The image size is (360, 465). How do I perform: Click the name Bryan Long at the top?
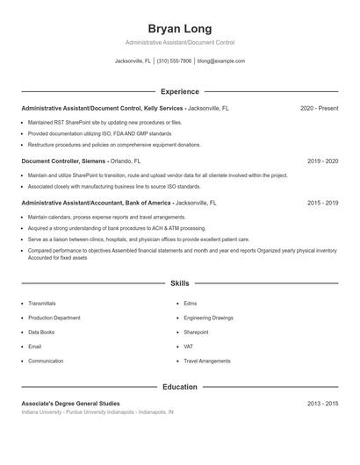[x=179, y=28]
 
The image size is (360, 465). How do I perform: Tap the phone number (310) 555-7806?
[x=174, y=61]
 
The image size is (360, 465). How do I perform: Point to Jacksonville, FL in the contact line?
[x=133, y=61]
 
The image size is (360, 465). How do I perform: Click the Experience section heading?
[x=179, y=91]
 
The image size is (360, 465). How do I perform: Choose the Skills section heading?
[x=179, y=283]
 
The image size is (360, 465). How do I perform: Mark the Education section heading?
[x=179, y=386]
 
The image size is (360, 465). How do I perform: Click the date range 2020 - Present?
[x=319, y=108]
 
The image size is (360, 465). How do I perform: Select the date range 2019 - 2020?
[x=322, y=161]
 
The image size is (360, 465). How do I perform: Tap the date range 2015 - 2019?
[x=322, y=203]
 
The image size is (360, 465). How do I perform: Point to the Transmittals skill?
[x=41, y=304]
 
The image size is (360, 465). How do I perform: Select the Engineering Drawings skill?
[x=209, y=318]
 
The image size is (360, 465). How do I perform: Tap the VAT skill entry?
[x=189, y=347]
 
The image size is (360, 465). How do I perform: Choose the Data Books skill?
[x=41, y=333]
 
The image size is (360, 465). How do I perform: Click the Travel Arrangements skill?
[x=207, y=361]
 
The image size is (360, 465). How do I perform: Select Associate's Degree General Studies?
[x=72, y=403]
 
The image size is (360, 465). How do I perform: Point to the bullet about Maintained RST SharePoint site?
[x=104, y=122]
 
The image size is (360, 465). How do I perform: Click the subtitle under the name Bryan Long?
[x=179, y=42]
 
